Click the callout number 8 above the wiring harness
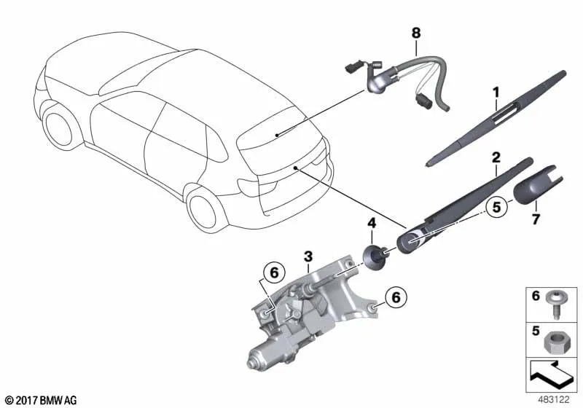416,33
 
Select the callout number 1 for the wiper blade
496,93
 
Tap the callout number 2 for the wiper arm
496,157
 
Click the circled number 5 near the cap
497,207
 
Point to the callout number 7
536,219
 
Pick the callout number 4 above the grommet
372,224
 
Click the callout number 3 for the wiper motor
308,256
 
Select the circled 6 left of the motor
274,273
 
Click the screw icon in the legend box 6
555,305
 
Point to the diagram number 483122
554,399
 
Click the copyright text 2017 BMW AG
42,400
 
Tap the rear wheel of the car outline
203,209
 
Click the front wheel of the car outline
58,127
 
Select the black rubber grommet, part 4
372,256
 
